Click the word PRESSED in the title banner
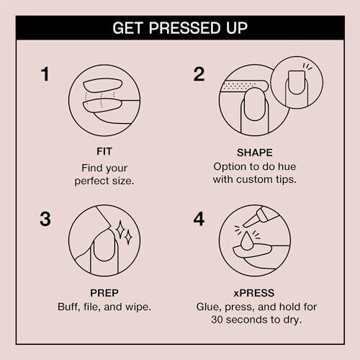(x=184, y=28)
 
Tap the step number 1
(x=45, y=74)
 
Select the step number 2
(x=199, y=74)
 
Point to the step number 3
(x=45, y=219)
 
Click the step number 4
(x=199, y=219)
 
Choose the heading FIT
(x=104, y=151)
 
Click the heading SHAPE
(x=255, y=153)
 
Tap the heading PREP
(x=104, y=293)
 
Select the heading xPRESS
(x=254, y=293)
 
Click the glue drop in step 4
(x=246, y=240)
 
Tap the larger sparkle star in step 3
(x=120, y=230)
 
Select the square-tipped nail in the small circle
(x=297, y=82)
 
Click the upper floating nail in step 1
(x=102, y=86)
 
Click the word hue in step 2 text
(x=287, y=166)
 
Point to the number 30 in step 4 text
(x=217, y=320)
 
